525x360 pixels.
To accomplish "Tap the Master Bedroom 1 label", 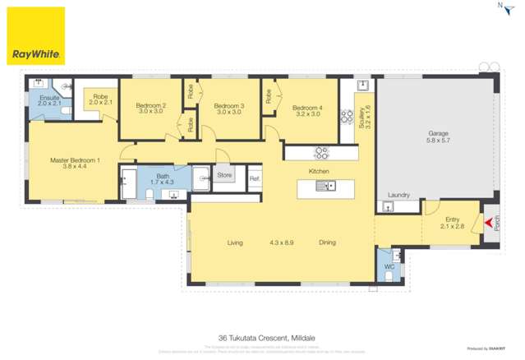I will point(75,160).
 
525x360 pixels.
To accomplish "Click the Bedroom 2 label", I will point(151,106).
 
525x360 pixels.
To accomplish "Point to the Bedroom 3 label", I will point(229,106).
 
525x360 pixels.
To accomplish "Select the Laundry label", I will point(398,195).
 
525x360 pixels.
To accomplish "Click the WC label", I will point(389,266).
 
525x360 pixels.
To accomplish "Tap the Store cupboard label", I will point(224,175).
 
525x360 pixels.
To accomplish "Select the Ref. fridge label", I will point(254,178).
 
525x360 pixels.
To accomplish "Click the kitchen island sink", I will point(329,187).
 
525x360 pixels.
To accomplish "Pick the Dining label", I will point(327,242).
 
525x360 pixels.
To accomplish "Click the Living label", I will point(235,242).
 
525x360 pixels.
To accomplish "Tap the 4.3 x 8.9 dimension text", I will point(281,242).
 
